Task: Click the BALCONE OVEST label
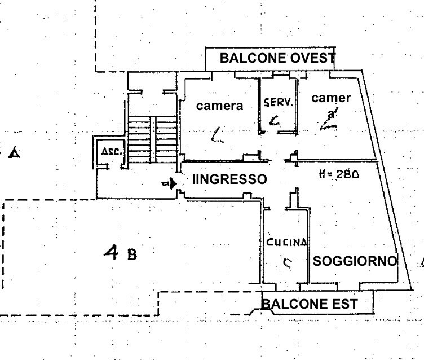pos(277,58)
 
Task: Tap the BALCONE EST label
pos(309,304)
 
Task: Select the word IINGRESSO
pos(229,179)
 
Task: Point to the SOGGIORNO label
pos(355,261)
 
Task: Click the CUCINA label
pos(287,242)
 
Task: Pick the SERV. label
pos(279,103)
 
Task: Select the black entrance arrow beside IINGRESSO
pos(170,183)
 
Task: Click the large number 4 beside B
pos(111,253)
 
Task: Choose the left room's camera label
pos(219,106)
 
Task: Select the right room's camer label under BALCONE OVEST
pos(331,98)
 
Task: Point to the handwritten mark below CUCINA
pos(287,263)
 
